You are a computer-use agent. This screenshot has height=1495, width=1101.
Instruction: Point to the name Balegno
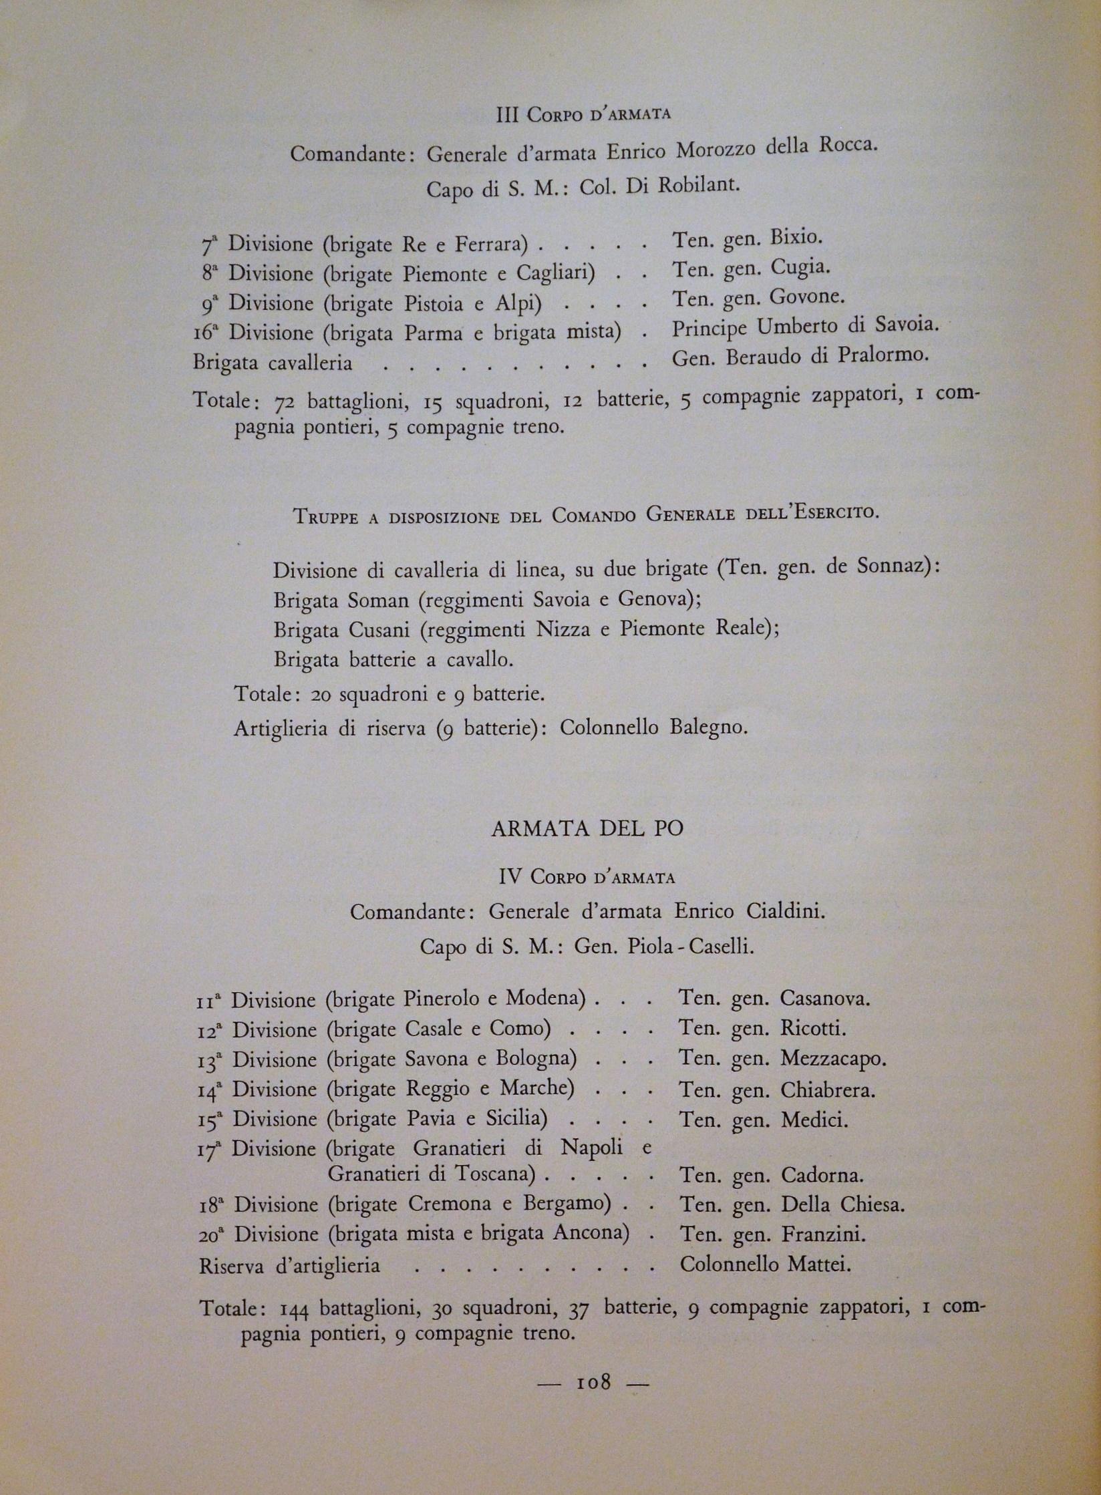click(707, 727)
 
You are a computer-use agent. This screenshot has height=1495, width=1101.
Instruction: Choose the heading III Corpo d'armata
click(584, 115)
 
